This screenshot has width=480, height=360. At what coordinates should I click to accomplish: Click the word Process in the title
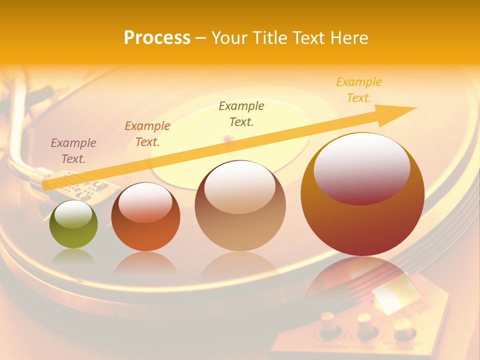tap(157, 38)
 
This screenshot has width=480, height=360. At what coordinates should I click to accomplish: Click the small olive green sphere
tap(73, 224)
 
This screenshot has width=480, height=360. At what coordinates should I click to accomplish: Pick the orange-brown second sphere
tap(145, 217)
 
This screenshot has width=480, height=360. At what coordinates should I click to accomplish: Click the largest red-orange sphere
tap(362, 194)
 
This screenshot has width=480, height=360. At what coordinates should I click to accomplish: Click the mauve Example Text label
tap(73, 151)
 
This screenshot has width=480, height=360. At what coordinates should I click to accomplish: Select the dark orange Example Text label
tap(147, 134)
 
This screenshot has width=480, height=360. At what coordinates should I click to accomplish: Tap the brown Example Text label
tap(241, 114)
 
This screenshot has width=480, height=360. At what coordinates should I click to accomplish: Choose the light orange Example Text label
tap(359, 90)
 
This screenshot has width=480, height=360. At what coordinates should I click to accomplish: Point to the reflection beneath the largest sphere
tap(363, 277)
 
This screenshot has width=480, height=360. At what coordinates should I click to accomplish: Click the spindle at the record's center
tap(229, 138)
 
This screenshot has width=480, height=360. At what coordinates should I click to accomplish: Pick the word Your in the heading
tap(229, 38)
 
